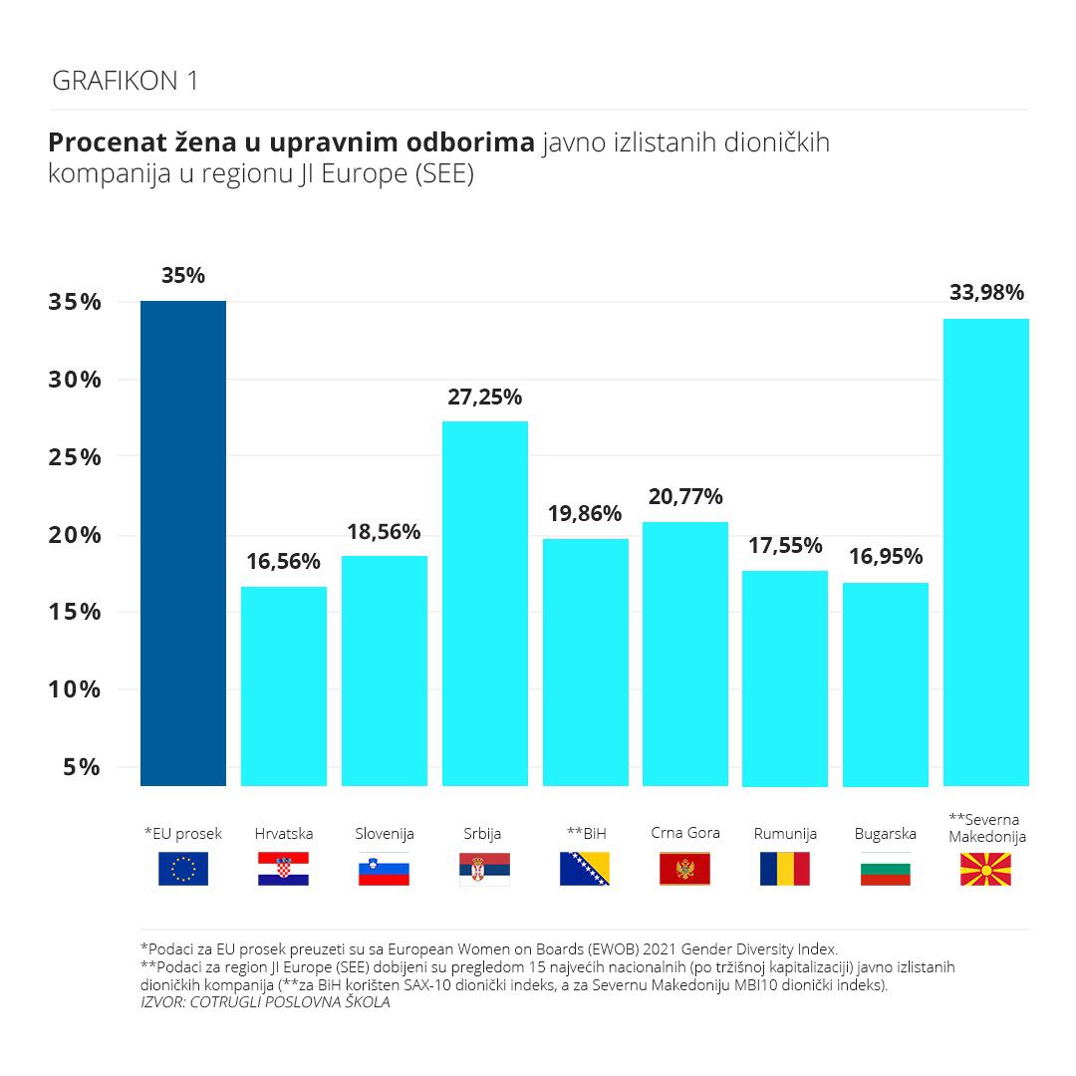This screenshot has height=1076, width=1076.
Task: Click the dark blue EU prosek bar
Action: (x=183, y=543)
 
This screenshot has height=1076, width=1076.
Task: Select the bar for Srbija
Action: (x=484, y=603)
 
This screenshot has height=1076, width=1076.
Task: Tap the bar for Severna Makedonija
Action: (x=985, y=552)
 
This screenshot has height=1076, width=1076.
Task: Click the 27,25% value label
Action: (x=484, y=397)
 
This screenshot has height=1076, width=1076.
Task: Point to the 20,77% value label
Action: (x=684, y=496)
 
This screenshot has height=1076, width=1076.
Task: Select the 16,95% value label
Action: (x=885, y=556)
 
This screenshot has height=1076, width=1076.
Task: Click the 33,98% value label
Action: (x=985, y=293)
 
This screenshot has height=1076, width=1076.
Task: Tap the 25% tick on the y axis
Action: (x=75, y=457)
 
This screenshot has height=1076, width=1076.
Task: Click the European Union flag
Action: (x=183, y=869)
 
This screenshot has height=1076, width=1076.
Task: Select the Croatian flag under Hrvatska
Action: (x=284, y=869)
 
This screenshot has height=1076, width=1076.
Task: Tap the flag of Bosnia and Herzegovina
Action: (x=585, y=869)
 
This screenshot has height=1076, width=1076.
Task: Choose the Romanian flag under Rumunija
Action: (x=785, y=869)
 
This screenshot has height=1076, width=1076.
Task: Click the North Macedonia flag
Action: (x=985, y=869)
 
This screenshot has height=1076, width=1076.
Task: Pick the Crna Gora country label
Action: (x=684, y=833)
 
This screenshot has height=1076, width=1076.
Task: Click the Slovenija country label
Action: (x=385, y=834)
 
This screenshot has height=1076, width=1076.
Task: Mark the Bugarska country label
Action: (x=885, y=834)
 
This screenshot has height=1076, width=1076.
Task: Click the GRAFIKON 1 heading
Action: (x=125, y=82)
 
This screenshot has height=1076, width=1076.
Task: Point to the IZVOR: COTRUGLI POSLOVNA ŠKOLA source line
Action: (x=265, y=1003)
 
